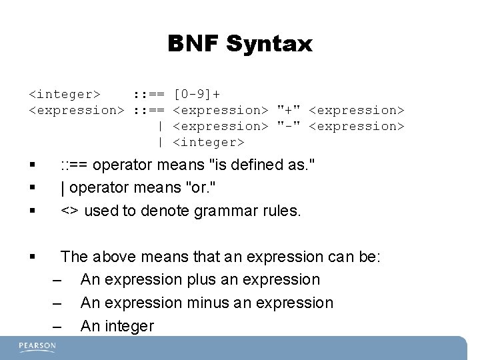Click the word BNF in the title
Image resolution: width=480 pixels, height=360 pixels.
coord(194,45)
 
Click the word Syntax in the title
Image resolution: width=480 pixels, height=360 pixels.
coord(269,45)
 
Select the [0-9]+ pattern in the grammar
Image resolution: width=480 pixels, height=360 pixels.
coord(198,93)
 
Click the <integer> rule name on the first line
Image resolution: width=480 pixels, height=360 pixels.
coord(64,93)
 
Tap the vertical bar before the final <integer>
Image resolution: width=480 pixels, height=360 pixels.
coord(161,142)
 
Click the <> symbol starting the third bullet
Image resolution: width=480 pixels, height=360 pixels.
coord(69,211)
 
